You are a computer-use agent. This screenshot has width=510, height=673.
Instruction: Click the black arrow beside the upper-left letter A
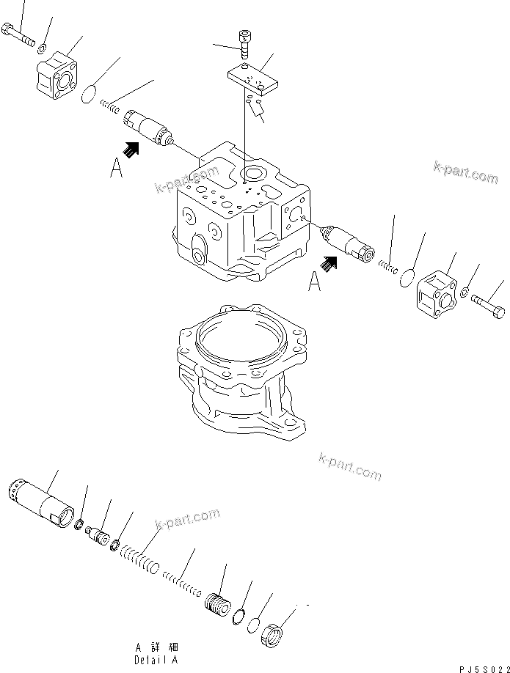tap(131, 150)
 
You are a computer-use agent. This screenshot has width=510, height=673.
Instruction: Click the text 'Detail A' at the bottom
tap(156, 659)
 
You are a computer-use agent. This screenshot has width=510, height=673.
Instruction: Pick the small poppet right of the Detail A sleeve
tap(98, 534)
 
